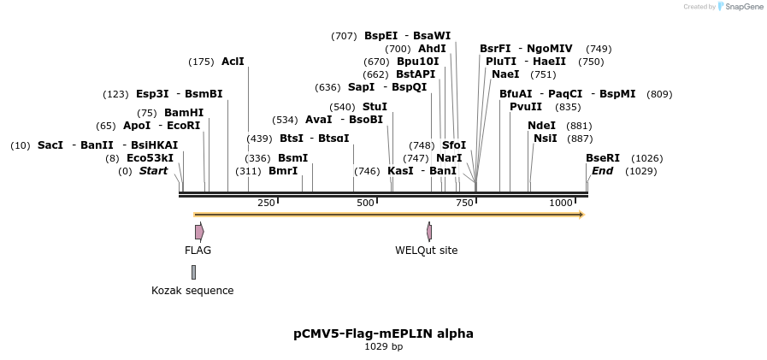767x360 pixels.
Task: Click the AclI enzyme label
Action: pos(233,62)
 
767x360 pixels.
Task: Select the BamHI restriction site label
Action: pos(184,113)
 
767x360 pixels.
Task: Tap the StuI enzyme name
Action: pos(375,107)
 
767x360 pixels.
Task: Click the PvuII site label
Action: pos(526,107)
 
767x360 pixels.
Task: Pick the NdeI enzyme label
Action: pos(541,126)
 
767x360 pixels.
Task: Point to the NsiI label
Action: pos(545,139)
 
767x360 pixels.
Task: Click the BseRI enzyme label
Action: pos(603,158)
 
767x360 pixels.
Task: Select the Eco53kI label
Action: pos(150,158)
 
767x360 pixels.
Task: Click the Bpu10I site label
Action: pos(418,62)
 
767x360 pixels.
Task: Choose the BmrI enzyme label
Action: pos(283,171)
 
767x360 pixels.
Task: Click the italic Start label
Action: pos(154,171)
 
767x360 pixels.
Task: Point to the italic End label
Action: pos(602,171)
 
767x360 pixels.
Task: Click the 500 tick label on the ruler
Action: pos(365,203)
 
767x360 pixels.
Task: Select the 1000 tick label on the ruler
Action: pos(561,203)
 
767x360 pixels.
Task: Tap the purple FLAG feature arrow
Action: pos(199,232)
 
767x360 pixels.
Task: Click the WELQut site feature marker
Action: pos(429,232)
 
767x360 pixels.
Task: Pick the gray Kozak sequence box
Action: pos(193,272)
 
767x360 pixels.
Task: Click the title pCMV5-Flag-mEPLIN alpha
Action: pos(383,333)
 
